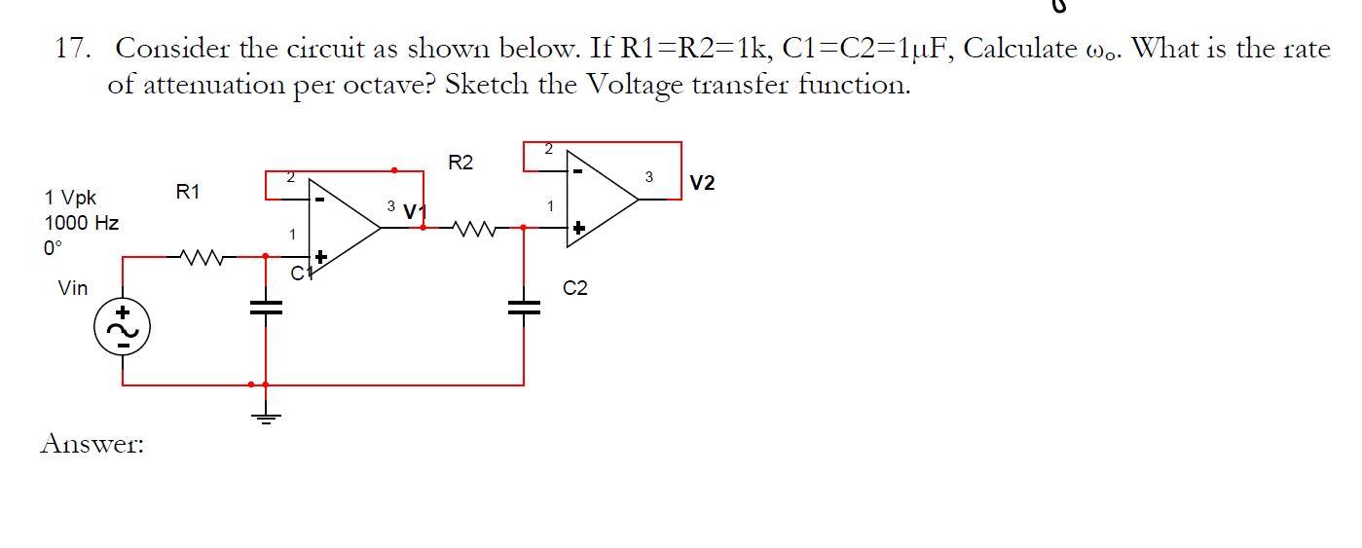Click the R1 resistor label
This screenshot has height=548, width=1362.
[x=187, y=193]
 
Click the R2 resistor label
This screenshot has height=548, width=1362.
[x=460, y=163]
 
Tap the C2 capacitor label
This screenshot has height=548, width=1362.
[x=575, y=288]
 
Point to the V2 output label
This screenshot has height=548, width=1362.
[x=702, y=183]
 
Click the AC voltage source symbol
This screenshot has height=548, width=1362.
[x=122, y=328]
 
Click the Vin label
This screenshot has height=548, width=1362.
[x=73, y=288]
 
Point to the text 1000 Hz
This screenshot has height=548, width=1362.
[x=82, y=223]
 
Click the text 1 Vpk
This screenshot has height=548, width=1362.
[x=70, y=199]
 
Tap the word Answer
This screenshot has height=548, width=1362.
[x=92, y=444]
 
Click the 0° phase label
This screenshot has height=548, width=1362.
[x=53, y=247]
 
